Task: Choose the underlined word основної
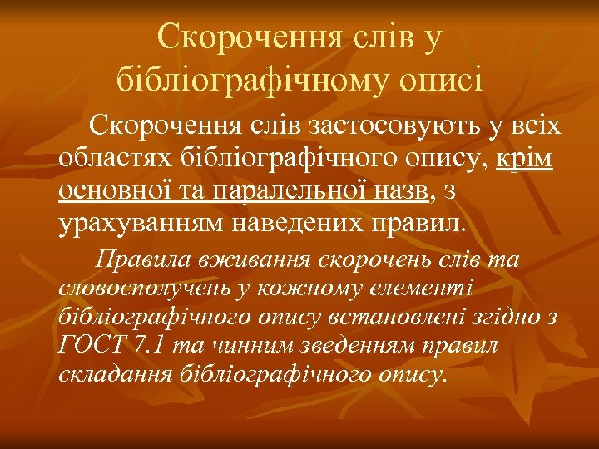(x=106, y=191)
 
